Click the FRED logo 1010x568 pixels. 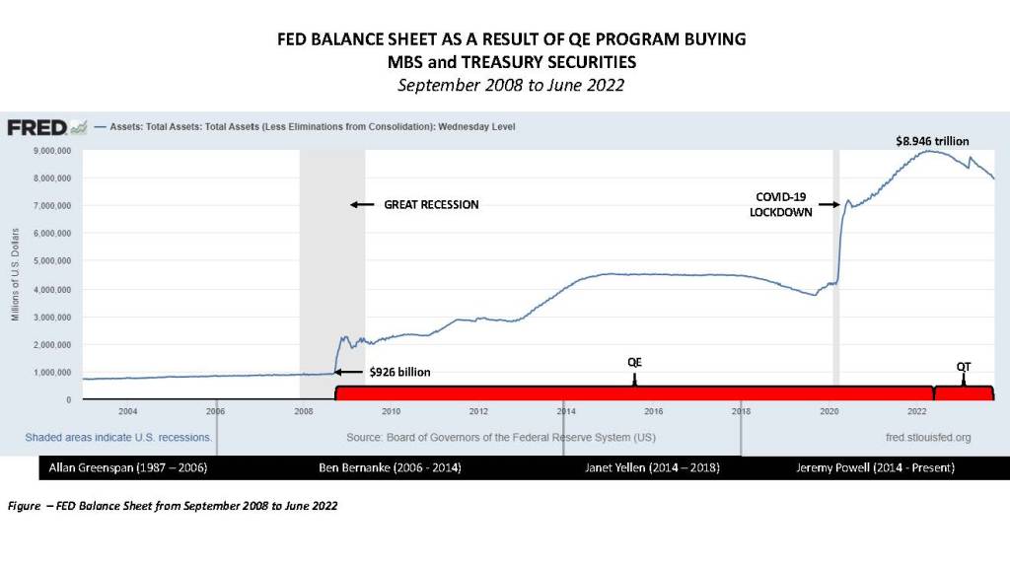(36, 127)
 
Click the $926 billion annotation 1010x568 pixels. (399, 372)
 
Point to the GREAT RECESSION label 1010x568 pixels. (431, 204)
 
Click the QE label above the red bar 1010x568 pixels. (635, 362)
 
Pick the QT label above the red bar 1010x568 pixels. (964, 366)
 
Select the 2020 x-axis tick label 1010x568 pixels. (830, 410)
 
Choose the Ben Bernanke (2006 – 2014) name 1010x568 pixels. (391, 465)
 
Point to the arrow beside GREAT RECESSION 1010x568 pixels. (362, 204)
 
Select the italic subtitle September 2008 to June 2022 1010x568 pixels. (510, 85)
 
